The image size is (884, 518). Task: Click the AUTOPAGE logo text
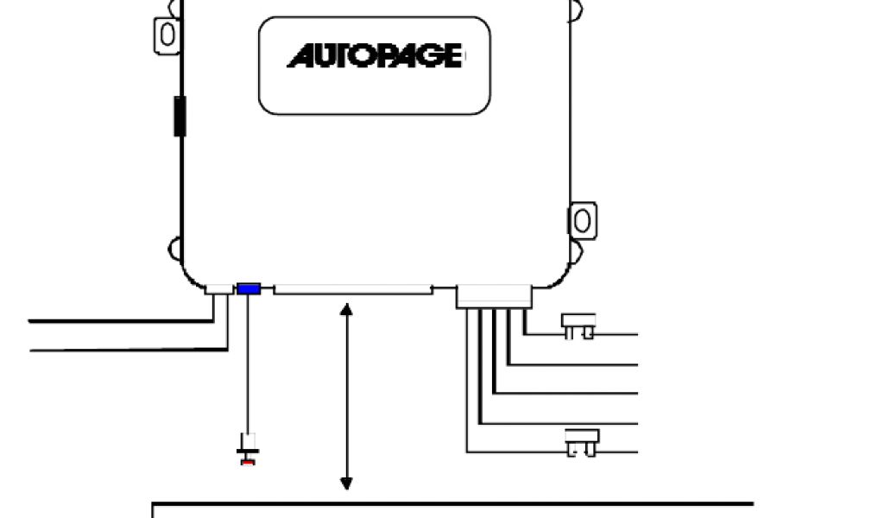point(374,58)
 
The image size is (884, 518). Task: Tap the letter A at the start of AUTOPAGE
point(300,58)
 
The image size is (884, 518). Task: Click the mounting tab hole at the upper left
point(167,34)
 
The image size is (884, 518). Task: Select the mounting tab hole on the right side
point(583,220)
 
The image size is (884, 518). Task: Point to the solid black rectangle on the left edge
point(180,117)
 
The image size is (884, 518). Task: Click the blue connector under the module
point(249,288)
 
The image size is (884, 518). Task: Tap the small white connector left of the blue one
point(218,289)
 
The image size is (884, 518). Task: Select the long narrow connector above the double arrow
point(352,290)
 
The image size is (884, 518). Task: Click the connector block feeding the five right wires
point(494,296)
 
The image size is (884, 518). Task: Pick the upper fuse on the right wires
point(578,326)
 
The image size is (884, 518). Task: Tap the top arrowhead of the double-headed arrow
point(347,307)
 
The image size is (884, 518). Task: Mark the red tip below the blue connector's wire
point(249,462)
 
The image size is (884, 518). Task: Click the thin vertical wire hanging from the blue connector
point(249,363)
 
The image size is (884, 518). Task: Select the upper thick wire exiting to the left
point(121,321)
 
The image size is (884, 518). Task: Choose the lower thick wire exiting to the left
point(121,350)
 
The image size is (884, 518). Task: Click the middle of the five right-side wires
point(570,394)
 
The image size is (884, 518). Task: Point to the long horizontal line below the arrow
point(452,503)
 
